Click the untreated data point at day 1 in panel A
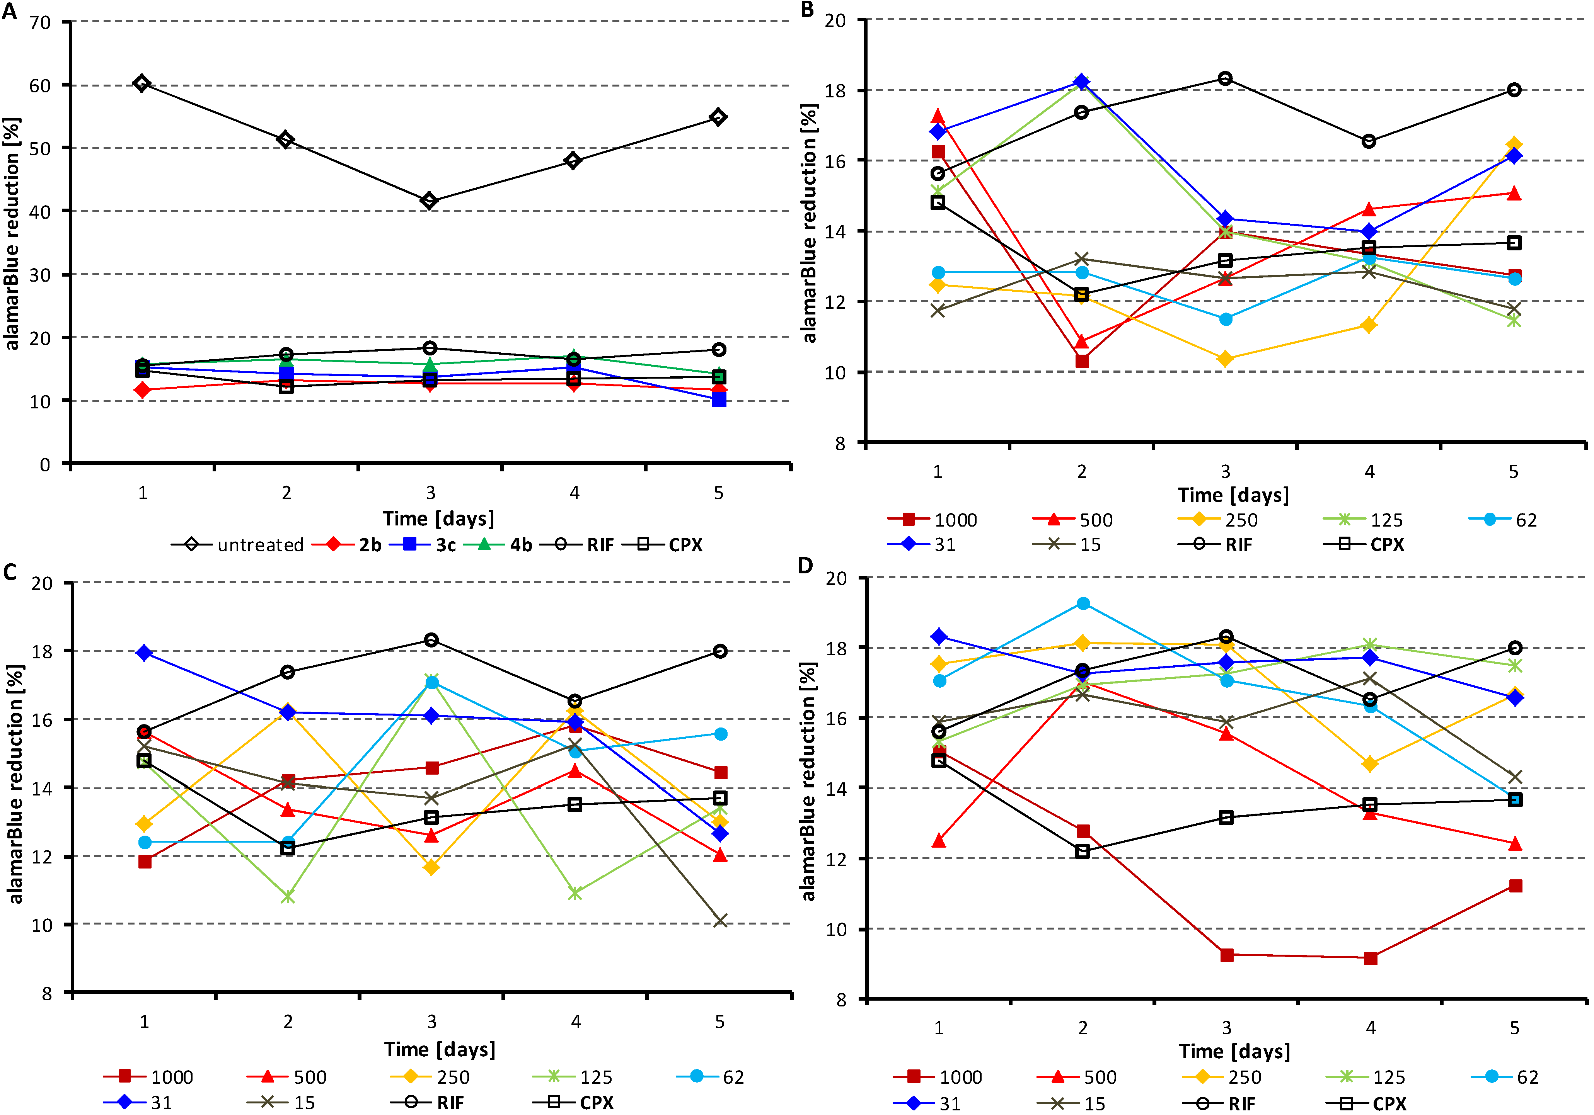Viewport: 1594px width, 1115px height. click(141, 83)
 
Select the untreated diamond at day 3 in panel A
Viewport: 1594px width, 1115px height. click(430, 201)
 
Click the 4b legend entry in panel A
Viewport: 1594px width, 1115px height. click(498, 545)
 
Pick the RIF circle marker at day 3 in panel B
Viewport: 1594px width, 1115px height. click(1225, 78)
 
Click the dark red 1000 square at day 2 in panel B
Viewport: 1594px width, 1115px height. click(1082, 361)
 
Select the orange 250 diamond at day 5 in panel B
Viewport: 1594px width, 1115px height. click(1514, 145)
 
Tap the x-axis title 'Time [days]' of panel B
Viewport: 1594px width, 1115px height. click(1233, 495)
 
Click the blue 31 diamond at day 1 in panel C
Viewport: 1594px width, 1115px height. click(145, 653)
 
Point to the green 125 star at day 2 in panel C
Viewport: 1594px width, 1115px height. click(287, 896)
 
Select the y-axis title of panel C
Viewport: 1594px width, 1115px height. click(15, 784)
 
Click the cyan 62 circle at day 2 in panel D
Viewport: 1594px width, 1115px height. click(1083, 603)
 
